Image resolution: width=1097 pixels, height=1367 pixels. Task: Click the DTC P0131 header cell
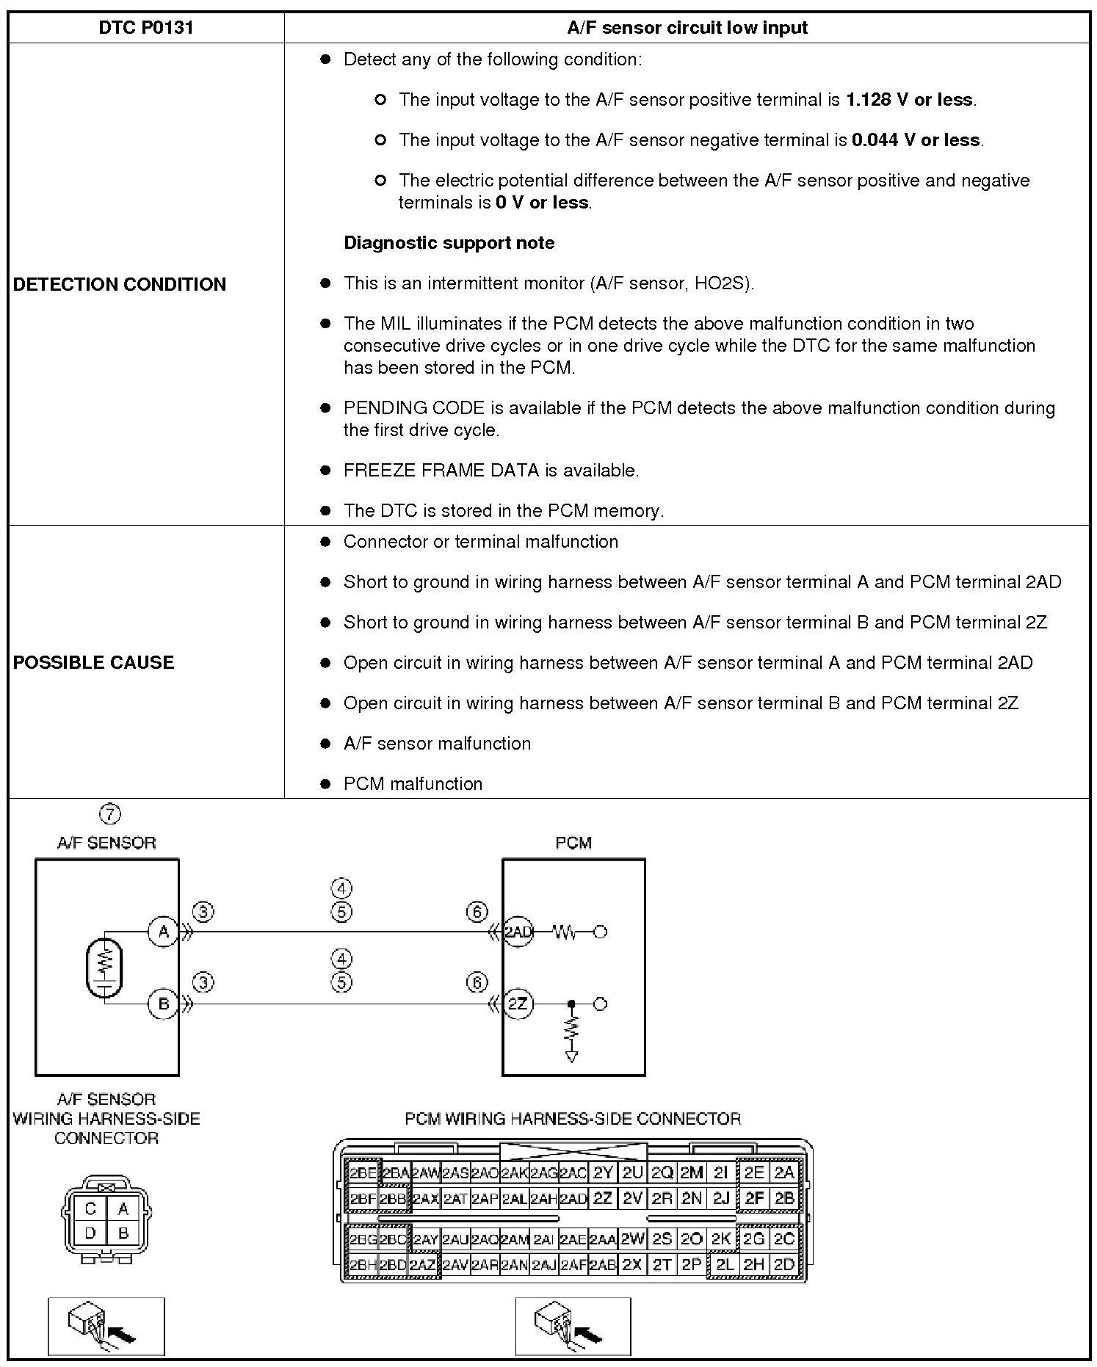145,28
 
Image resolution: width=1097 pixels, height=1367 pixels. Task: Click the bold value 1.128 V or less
910,100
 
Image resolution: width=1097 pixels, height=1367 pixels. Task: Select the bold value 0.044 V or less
916,140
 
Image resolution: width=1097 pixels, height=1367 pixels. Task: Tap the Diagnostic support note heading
449,243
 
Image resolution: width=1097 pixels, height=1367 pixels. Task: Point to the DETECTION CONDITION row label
120,284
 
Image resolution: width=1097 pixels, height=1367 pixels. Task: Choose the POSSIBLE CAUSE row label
94,662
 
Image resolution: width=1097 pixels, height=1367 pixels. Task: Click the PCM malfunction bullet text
413,783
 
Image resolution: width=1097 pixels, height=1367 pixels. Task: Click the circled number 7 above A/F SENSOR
109,813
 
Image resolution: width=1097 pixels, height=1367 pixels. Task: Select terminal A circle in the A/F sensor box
163,932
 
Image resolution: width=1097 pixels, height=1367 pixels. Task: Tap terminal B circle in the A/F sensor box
163,1004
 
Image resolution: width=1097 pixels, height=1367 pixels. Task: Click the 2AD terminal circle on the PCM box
518,932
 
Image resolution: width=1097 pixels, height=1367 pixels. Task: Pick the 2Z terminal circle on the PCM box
518,1004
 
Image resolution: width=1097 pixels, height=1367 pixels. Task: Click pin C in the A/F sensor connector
90,1208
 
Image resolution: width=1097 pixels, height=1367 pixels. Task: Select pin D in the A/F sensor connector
90,1233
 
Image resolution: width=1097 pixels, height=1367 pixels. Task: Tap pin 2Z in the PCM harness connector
602,1199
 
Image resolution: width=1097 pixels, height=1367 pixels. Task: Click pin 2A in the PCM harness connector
784,1172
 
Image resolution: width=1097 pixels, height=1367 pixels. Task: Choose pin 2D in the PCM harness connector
784,1265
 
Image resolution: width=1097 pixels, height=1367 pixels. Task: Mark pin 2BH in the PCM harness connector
362,1265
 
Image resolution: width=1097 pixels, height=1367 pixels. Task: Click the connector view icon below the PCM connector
573,1326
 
